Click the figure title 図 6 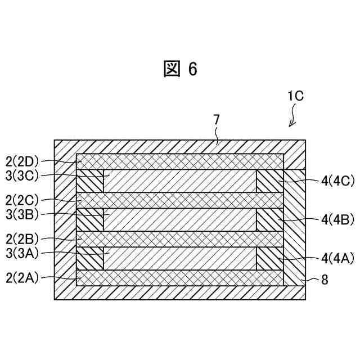coord(180,69)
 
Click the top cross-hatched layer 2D coord(180,161)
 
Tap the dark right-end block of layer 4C coord(269,181)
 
